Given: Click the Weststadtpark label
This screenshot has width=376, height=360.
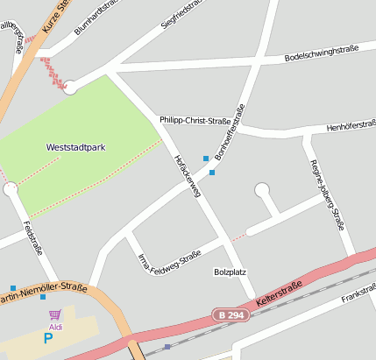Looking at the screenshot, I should pos(75,147).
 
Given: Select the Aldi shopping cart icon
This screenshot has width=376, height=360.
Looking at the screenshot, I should pos(55,314).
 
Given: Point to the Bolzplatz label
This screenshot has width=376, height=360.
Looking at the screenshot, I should pos(230,272).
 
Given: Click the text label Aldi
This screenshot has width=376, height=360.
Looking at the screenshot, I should pos(55,326).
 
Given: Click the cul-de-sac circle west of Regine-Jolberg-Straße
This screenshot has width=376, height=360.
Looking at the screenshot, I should pos(261,189).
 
